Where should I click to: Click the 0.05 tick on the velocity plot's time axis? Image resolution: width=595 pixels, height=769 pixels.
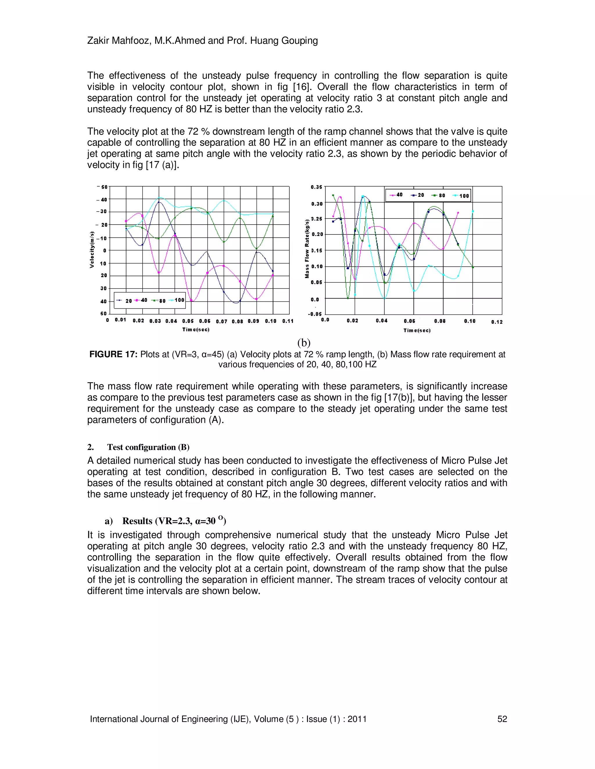(188, 321)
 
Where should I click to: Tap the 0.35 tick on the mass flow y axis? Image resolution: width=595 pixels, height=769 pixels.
(316, 187)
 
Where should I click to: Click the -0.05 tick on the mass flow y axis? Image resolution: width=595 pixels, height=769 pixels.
(314, 314)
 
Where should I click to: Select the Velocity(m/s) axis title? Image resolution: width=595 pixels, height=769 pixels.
(92, 250)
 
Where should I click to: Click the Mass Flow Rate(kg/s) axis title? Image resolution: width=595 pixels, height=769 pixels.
(307, 249)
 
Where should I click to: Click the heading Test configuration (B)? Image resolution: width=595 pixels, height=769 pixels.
(148, 447)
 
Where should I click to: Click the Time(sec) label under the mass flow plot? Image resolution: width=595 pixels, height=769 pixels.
(417, 331)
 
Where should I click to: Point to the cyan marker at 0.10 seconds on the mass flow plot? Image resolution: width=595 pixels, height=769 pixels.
(473, 212)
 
